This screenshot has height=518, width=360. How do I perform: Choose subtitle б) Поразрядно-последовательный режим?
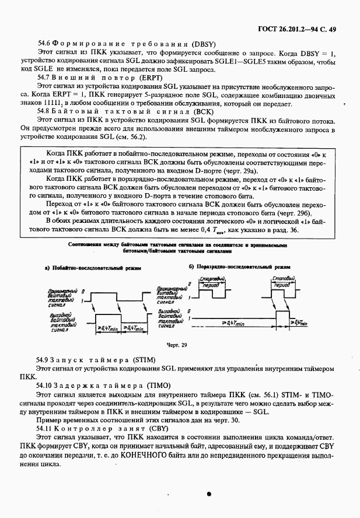pyautogui.click(x=238, y=266)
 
